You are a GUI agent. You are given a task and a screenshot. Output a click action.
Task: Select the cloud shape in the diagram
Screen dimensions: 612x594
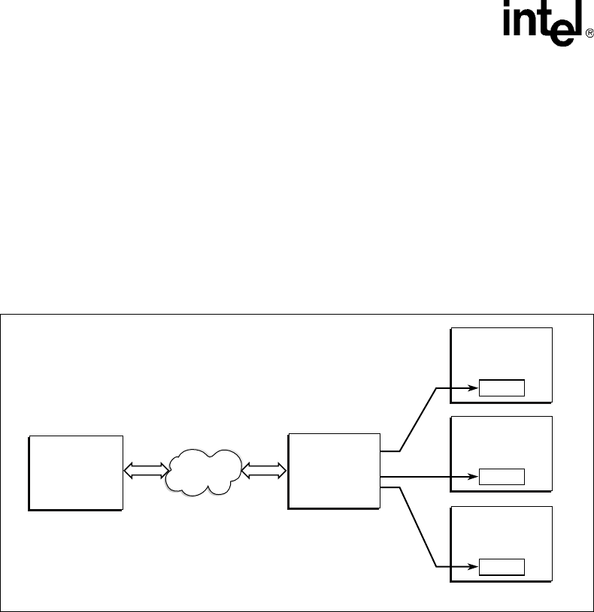point(204,471)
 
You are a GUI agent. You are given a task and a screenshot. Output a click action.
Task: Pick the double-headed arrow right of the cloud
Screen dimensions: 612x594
point(263,471)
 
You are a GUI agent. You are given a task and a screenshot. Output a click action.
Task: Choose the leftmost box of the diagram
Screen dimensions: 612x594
point(75,472)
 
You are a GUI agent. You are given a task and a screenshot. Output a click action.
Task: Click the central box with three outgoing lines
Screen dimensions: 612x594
point(334,471)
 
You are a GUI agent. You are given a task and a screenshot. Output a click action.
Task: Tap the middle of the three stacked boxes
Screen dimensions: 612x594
point(501,454)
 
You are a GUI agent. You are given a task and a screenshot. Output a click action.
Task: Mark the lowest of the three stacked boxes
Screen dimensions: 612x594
point(501,543)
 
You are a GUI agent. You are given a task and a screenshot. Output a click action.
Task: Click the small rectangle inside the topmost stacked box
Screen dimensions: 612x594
point(502,388)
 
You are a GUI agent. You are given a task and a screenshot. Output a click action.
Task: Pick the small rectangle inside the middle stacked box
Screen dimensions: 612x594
point(502,477)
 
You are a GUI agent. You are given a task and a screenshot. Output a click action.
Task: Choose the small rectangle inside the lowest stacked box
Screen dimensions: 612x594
point(502,566)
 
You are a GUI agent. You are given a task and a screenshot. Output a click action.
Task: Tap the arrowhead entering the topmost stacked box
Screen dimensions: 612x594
point(474,388)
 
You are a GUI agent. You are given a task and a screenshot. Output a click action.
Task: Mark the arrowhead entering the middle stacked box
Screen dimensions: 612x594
point(474,476)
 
